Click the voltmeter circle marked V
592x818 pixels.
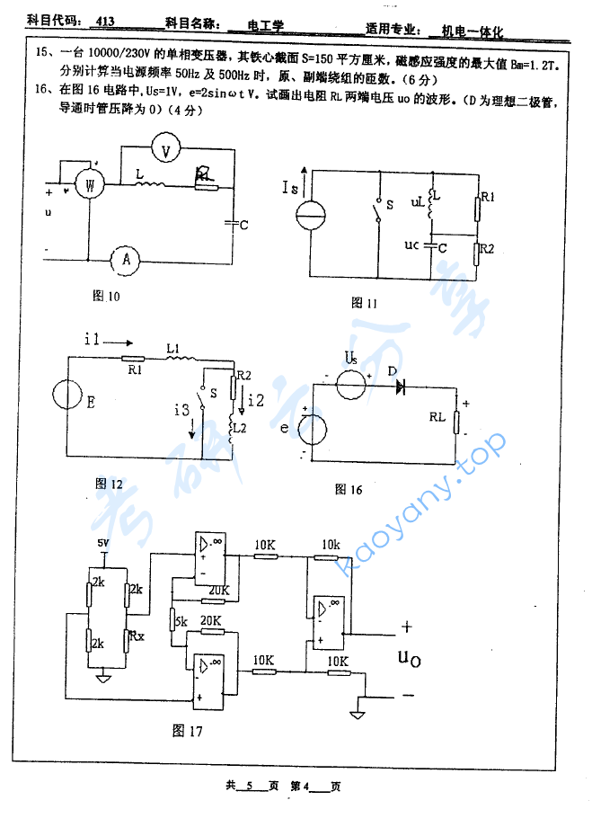pyautogui.click(x=165, y=151)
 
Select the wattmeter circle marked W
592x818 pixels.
pyautogui.click(x=89, y=185)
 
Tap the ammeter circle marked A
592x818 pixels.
pyautogui.click(x=127, y=259)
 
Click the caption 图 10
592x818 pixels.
pyautogui.click(x=106, y=295)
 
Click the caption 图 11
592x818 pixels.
pyautogui.click(x=365, y=303)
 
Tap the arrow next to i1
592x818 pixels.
pyautogui.click(x=123, y=341)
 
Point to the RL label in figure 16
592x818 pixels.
pyautogui.click(x=437, y=416)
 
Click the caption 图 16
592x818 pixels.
pyautogui.click(x=348, y=490)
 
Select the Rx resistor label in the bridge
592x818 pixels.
pyautogui.click(x=136, y=635)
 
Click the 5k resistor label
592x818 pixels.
pyautogui.click(x=181, y=621)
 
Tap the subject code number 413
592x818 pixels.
pyautogui.click(x=104, y=20)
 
